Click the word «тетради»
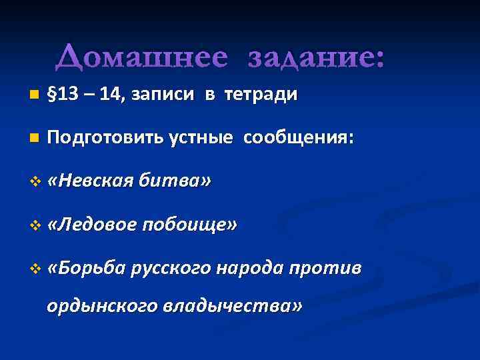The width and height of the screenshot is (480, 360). (x=261, y=95)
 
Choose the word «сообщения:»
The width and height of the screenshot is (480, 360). (x=299, y=138)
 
